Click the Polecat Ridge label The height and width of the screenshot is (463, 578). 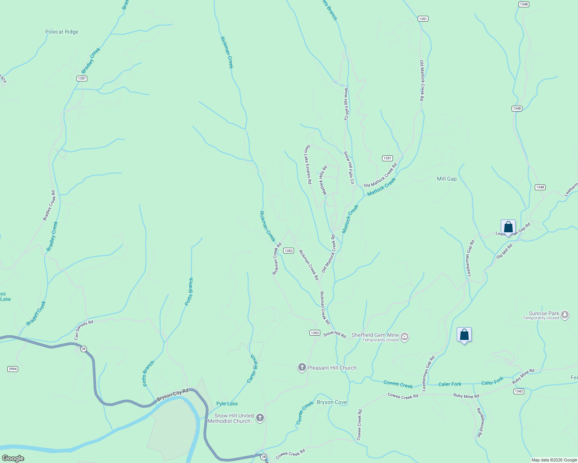click(62, 32)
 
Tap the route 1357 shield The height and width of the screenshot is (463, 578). click(82, 78)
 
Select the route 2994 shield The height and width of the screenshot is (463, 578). click(13, 369)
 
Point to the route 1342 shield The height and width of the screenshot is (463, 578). click(518, 391)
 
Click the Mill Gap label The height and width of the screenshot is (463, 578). click(447, 179)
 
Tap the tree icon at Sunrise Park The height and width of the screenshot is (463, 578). click(565, 315)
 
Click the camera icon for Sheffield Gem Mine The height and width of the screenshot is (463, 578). click(405, 337)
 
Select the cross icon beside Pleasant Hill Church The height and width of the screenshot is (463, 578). click(302, 368)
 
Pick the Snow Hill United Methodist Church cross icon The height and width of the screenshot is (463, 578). click(260, 418)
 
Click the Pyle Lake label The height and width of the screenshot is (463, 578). click(227, 404)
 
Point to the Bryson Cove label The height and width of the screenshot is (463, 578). click(332, 402)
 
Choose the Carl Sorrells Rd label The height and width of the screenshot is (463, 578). click(84, 330)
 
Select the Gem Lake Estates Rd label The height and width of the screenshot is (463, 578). click(308, 164)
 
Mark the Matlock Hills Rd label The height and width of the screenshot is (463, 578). click(323, 180)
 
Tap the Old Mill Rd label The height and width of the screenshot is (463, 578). click(504, 251)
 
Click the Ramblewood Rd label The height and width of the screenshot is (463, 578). click(480, 422)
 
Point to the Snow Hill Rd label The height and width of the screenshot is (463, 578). click(335, 334)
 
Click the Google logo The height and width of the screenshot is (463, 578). click(13, 458)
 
